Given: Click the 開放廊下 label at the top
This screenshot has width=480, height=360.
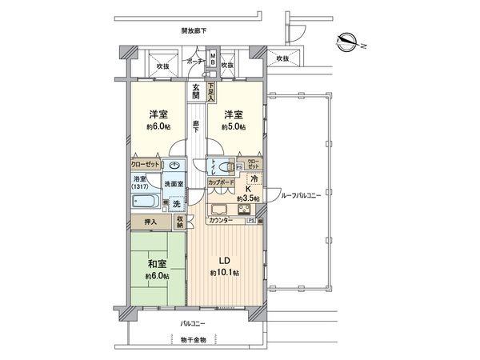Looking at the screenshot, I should pos(194,30).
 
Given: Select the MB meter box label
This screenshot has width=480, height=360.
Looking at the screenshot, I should pos(212,59).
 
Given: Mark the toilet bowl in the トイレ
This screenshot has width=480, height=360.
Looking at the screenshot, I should pos(226,170).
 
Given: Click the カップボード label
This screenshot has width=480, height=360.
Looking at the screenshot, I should pos(222,183).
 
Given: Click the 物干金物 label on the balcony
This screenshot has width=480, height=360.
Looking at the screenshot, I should pos(193,340).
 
